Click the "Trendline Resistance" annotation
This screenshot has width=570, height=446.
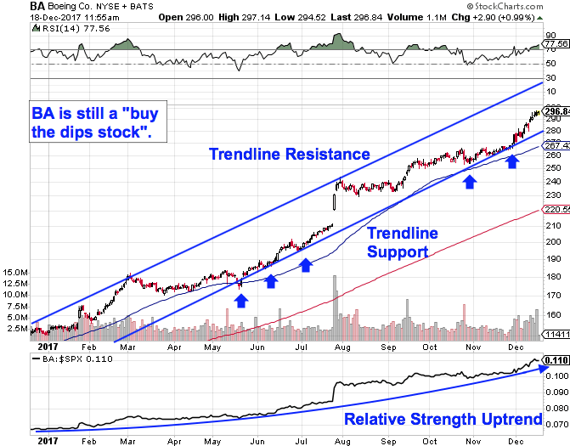[290, 154]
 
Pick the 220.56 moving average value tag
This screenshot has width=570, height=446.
[556, 208]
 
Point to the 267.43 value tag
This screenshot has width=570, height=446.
[556, 144]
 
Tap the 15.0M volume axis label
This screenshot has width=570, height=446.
[16, 273]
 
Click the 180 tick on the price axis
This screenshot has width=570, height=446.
[551, 277]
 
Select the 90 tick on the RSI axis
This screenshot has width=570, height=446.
[551, 35]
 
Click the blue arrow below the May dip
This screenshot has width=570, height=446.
[241, 300]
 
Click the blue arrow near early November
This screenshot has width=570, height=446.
[468, 181]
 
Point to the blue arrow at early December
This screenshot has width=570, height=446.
[512, 161]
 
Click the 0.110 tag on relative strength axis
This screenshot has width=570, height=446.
[556, 360]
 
